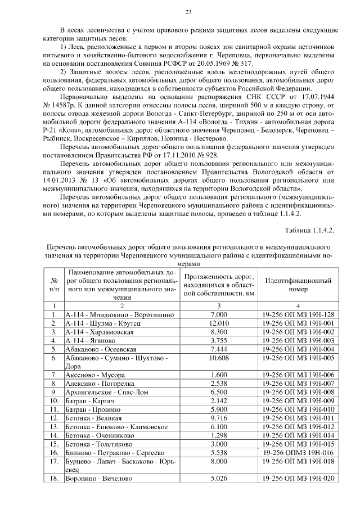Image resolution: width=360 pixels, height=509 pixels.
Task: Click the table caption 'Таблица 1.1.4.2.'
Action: point(309,230)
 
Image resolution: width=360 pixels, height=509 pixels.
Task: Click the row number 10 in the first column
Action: point(55,401)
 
